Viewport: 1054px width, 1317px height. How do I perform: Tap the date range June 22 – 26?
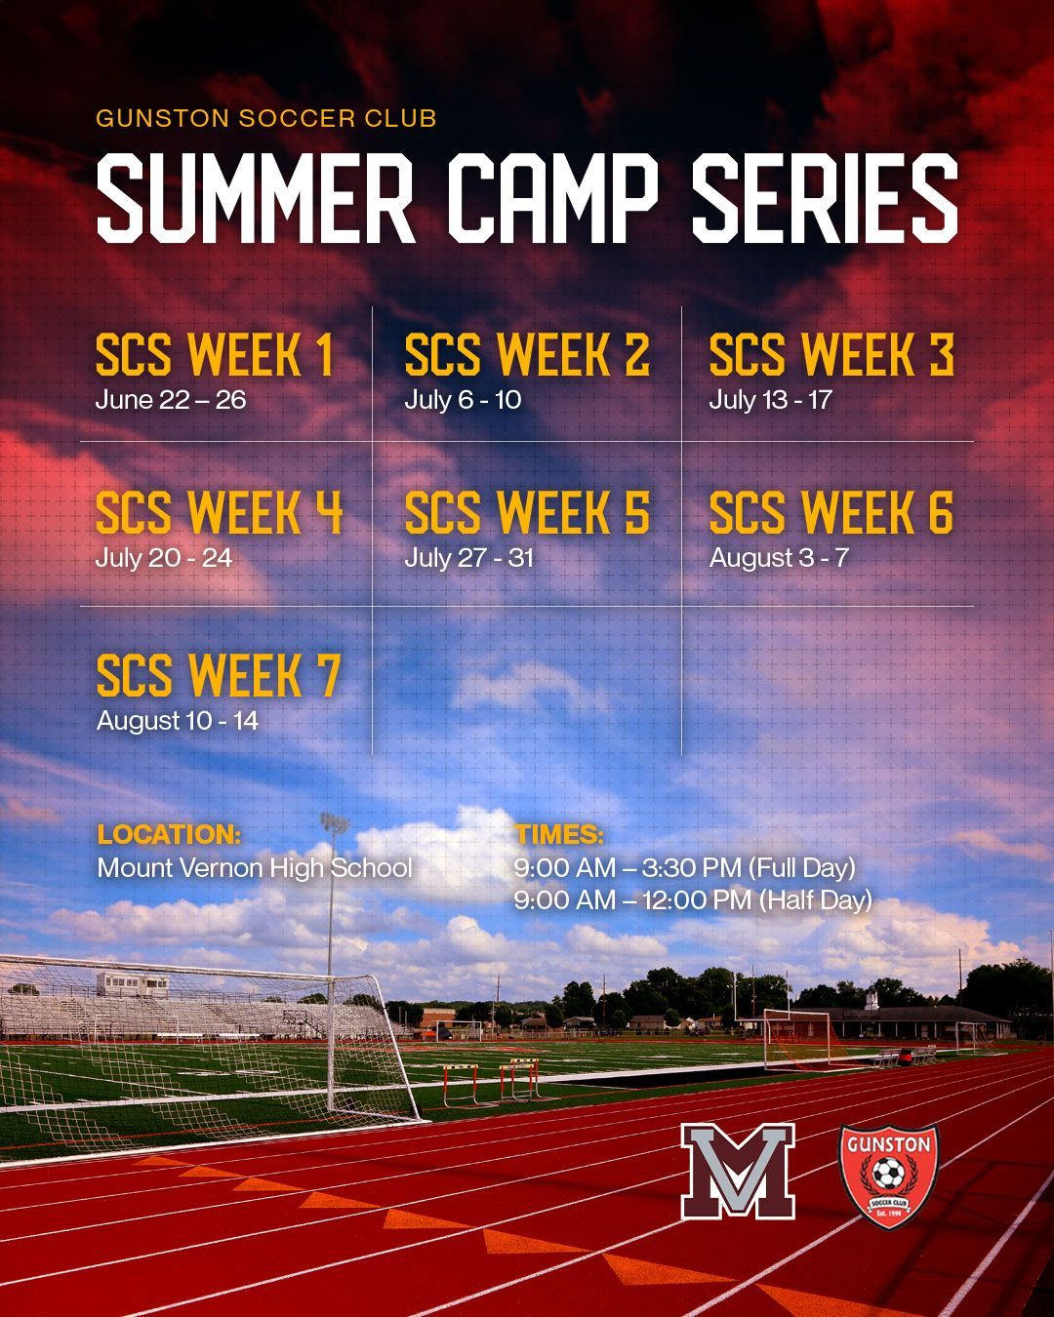[x=171, y=400]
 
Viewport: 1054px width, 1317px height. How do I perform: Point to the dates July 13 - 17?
[x=770, y=400]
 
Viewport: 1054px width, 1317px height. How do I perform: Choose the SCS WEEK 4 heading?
[x=220, y=513]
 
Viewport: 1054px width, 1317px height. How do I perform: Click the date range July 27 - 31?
[x=468, y=558]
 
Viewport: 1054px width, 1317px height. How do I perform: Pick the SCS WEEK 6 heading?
[x=831, y=513]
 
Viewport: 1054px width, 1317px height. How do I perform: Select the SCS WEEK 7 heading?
[x=219, y=676]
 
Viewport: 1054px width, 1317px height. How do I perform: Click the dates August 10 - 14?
[x=177, y=721]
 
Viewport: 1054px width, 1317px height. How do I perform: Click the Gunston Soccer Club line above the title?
[x=265, y=119]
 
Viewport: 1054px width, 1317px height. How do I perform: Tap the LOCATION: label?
[x=169, y=835]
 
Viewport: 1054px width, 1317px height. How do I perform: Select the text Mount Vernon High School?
[x=255, y=867]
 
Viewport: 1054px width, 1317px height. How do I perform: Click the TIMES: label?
[x=559, y=835]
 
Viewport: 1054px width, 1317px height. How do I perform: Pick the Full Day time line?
[x=684, y=867]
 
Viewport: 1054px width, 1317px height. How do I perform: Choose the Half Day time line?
[x=693, y=899]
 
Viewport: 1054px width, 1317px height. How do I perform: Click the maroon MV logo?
[x=738, y=1170]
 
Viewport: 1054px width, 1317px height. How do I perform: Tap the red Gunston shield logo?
[x=888, y=1175]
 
